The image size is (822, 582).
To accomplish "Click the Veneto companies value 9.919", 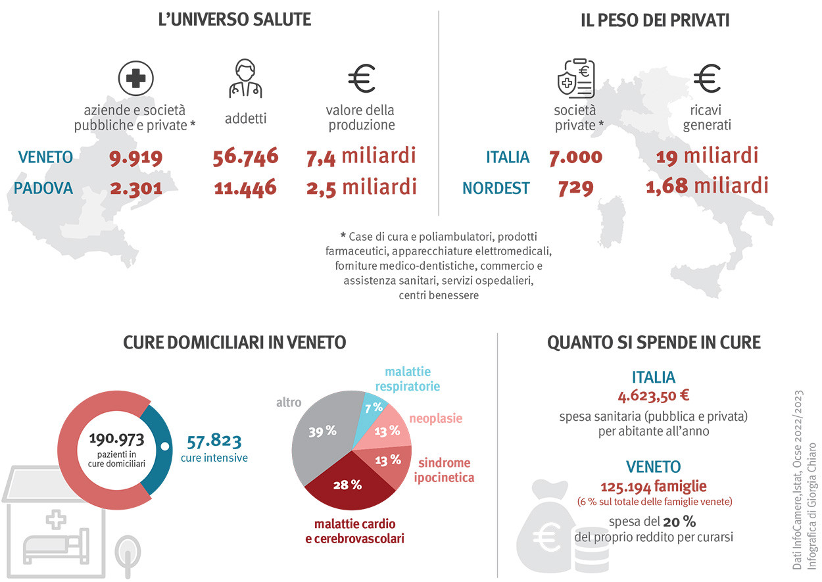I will tap(135, 157).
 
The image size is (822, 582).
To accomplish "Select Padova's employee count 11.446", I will tap(245, 188).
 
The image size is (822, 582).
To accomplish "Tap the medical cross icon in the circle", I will tap(135, 79).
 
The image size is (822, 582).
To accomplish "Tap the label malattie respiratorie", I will tap(408, 379).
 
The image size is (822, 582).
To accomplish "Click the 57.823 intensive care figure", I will tap(214, 441).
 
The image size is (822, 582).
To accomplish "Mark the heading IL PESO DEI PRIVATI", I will tap(655, 20).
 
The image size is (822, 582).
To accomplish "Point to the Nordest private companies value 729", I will tap(575, 188).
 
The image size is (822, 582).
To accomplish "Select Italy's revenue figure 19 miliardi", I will tap(707, 157).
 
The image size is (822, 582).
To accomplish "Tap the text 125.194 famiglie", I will tap(653, 487).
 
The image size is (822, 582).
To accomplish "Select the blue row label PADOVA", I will tap(43, 189).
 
